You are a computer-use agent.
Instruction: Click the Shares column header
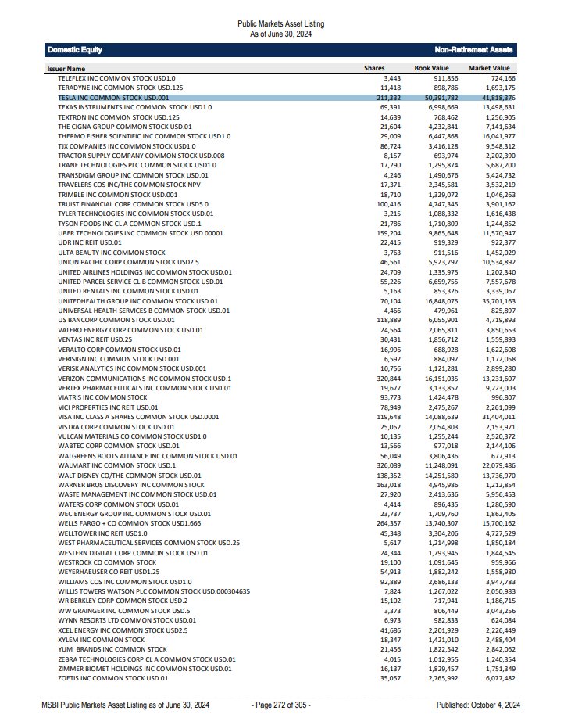tap(374, 69)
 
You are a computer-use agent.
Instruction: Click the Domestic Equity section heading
tap(75, 50)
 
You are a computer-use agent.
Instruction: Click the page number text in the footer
tap(280, 705)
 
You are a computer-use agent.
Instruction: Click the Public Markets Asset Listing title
tap(280, 24)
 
